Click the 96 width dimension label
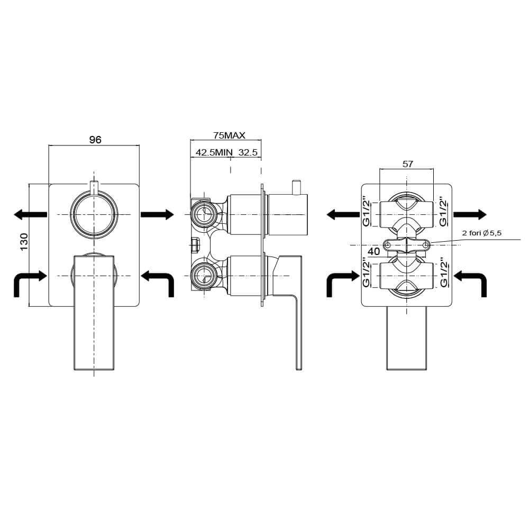(x=95, y=139)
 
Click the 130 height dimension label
(x=24, y=242)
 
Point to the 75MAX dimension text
(x=229, y=135)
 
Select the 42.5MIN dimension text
(x=214, y=152)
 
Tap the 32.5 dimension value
(x=248, y=152)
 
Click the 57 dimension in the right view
(x=407, y=164)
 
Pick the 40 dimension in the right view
(x=374, y=251)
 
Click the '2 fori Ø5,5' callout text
(x=482, y=233)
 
